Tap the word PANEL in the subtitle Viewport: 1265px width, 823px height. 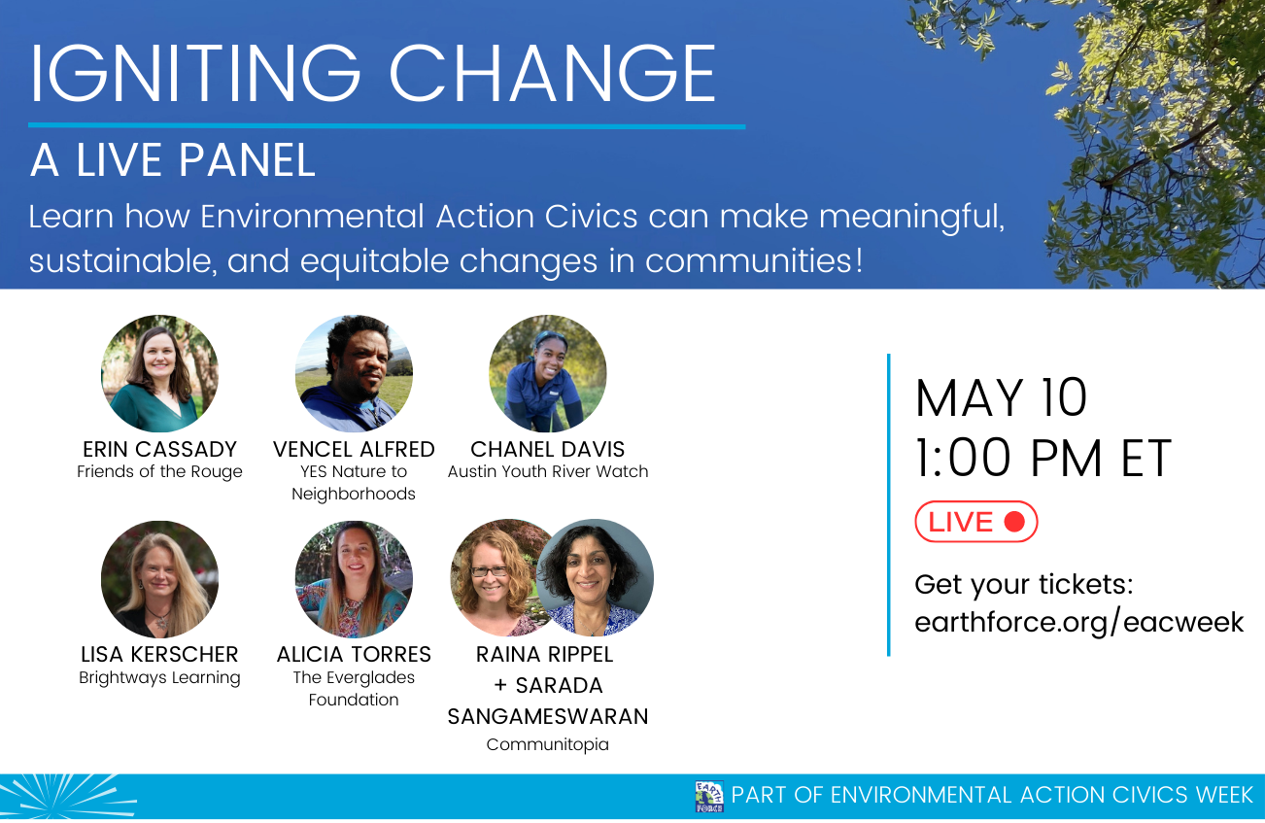247,160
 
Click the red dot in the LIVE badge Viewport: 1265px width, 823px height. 1014,522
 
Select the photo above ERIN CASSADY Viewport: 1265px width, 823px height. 159,373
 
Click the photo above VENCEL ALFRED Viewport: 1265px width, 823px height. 354,373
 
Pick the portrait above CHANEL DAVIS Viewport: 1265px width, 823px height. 548,373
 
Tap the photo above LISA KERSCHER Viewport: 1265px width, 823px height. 159,579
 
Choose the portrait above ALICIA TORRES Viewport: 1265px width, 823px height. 354,579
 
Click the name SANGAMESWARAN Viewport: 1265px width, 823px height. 548,716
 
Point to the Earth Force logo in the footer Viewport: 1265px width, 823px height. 709,797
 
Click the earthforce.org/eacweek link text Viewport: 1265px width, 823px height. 1078,623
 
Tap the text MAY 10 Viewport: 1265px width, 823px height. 1001,398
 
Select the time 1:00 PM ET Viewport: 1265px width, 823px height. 1043,458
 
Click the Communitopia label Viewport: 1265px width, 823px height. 548,744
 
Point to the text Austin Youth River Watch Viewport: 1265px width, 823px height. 548,471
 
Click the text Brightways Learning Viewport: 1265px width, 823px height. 159,677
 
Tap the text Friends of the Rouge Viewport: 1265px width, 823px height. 159,471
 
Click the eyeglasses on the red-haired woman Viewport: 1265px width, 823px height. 489,571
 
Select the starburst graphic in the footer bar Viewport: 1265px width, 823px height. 67,797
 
